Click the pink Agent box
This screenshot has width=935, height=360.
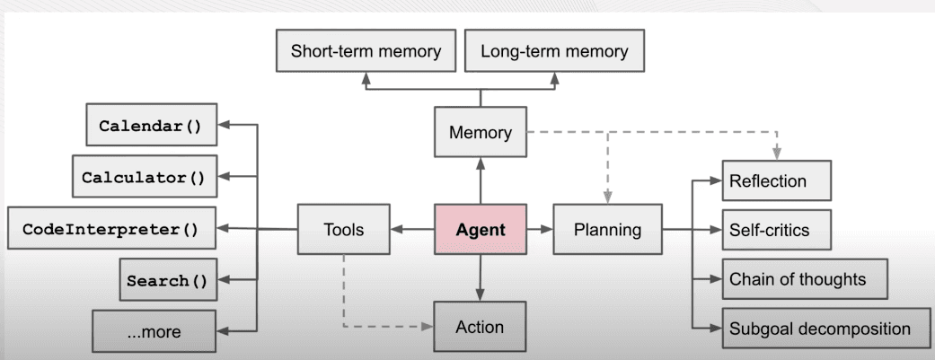[x=480, y=230]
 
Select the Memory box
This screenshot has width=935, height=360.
[x=480, y=133]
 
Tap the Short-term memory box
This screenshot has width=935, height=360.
[x=366, y=51]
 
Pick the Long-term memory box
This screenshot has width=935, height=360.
[x=554, y=51]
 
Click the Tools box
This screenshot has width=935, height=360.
[x=343, y=230]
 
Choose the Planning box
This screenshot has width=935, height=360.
[x=607, y=230]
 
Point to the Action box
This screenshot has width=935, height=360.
[x=480, y=327]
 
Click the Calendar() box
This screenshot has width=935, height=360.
[x=151, y=125]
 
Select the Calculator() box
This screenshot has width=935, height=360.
[x=144, y=177]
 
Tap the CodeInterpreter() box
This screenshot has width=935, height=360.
[x=111, y=229]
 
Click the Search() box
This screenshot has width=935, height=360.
[x=167, y=281]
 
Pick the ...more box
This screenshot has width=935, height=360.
[x=154, y=331]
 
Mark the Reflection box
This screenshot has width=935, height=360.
[x=777, y=181]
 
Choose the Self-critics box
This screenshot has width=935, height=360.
[x=777, y=230]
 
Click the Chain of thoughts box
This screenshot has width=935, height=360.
[x=805, y=279]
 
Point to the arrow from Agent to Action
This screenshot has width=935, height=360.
[x=480, y=278]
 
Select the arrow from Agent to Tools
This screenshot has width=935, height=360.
[x=412, y=230]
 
